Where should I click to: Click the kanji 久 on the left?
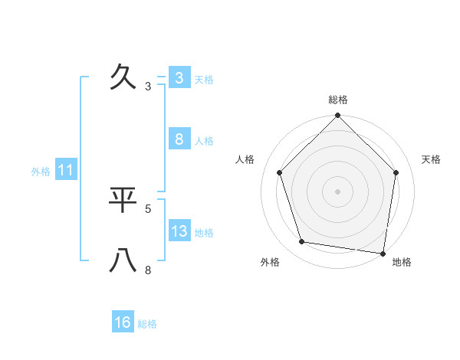pyautogui.click(x=123, y=77)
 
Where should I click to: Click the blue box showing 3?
pyautogui.click(x=179, y=78)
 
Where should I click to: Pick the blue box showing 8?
pyautogui.click(x=179, y=139)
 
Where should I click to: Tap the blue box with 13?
pyautogui.click(x=179, y=231)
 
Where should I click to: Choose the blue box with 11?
pyautogui.click(x=65, y=171)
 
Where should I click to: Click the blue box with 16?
pyautogui.click(x=123, y=322)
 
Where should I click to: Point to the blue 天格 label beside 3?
pyautogui.click(x=204, y=79)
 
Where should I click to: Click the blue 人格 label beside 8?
pyautogui.click(x=204, y=140)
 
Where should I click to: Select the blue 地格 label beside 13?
pyautogui.click(x=204, y=232)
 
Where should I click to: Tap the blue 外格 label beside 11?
pyautogui.click(x=41, y=172)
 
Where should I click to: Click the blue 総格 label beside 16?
pyautogui.click(x=147, y=323)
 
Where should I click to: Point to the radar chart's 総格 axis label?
pyautogui.click(x=338, y=100)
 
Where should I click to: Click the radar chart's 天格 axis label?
pyautogui.click(x=432, y=159)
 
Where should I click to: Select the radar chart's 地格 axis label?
pyautogui.click(x=402, y=262)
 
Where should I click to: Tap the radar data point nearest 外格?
pyautogui.click(x=303, y=242)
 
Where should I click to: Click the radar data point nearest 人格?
pyautogui.click(x=280, y=172)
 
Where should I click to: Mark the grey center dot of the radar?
pyautogui.click(x=338, y=191)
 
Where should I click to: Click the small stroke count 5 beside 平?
pyautogui.click(x=148, y=208)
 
